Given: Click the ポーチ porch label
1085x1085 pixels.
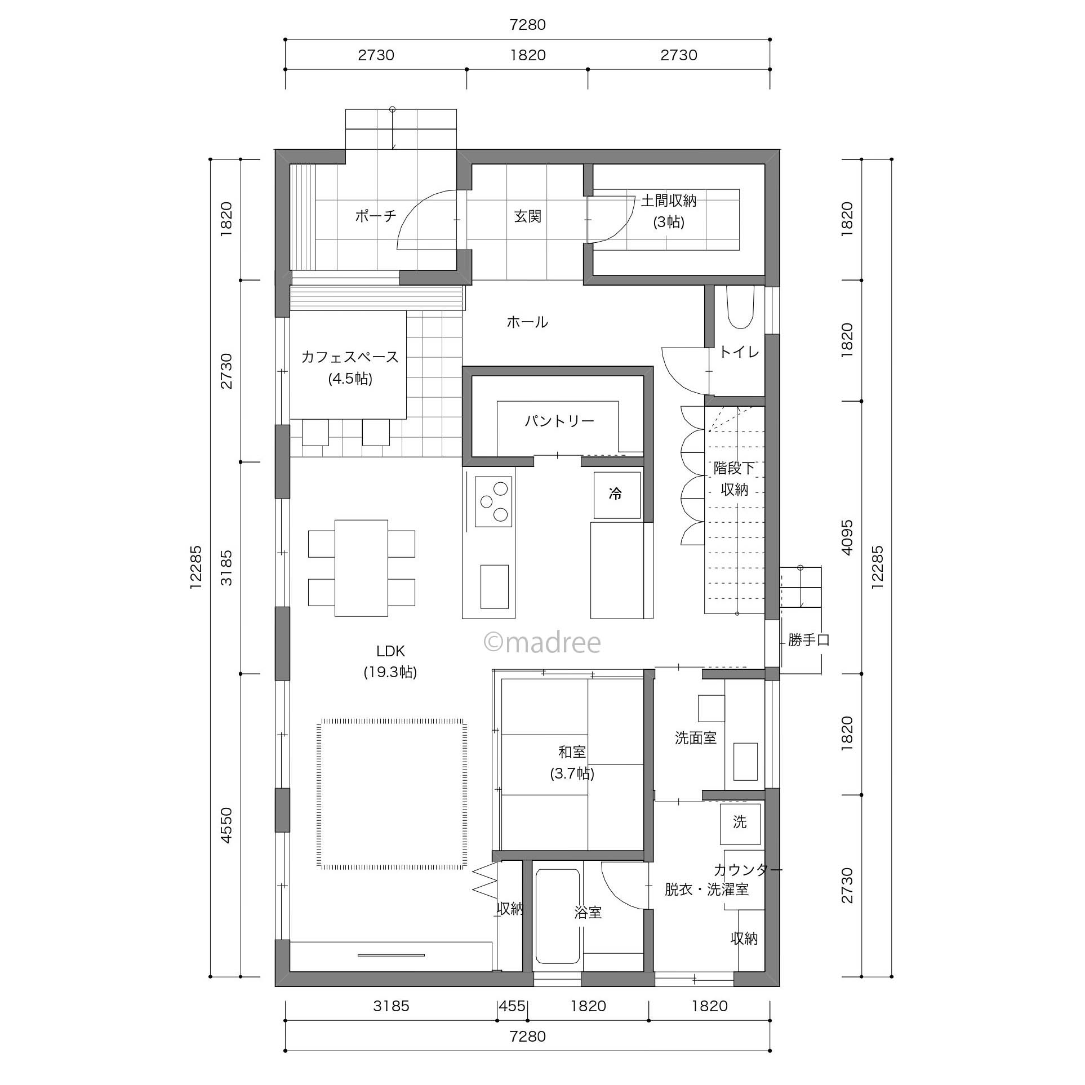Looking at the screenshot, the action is (x=376, y=216).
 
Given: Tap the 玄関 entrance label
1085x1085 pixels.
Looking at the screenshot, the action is (x=528, y=216).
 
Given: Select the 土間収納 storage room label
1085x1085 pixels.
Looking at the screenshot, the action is (x=669, y=201).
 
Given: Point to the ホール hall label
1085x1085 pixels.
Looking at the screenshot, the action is (x=527, y=322).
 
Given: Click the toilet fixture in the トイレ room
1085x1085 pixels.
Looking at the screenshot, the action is (x=740, y=307).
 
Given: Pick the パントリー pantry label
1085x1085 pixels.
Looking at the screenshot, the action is (x=559, y=421).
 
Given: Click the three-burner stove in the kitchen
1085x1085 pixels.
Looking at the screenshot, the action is (x=493, y=501).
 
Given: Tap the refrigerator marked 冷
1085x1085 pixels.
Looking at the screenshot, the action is (x=617, y=495).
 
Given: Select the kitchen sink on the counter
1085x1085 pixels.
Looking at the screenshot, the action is (x=495, y=586).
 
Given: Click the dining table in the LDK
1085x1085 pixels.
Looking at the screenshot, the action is (x=361, y=568).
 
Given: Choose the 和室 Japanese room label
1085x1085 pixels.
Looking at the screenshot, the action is (x=572, y=752).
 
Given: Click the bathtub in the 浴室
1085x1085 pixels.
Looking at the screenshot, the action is (x=558, y=917).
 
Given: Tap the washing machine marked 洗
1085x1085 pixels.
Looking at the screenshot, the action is (x=740, y=823).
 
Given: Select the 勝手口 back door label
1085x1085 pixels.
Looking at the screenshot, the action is (x=809, y=640).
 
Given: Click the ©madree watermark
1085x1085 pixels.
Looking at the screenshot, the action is (x=542, y=642).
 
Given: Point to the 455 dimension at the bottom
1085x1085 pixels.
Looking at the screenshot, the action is (x=512, y=1006).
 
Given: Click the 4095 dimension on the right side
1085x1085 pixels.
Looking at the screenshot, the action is (x=847, y=537).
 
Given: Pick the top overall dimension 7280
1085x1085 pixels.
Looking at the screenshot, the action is (x=527, y=25).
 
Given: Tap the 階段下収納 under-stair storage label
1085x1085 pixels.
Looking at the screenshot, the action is (x=734, y=479).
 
